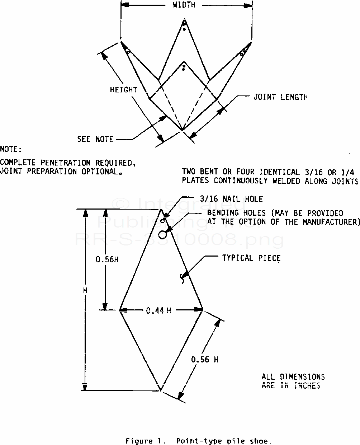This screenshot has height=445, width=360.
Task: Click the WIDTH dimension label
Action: [x=184, y=5]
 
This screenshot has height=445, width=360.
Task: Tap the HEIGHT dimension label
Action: [x=123, y=90]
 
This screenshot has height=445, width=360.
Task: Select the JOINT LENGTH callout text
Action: [x=280, y=97]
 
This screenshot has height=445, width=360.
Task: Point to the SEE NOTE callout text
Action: [x=95, y=139]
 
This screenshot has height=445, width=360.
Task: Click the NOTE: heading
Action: [x=11, y=149]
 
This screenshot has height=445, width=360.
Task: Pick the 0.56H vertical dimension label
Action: [x=107, y=259]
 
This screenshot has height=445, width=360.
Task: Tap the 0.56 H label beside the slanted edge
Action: [x=204, y=359]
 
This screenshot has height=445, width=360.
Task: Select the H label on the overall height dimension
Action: [x=85, y=290]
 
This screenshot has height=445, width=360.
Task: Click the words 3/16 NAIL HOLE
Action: [x=231, y=199]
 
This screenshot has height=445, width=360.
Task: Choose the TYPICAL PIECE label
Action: [x=251, y=258]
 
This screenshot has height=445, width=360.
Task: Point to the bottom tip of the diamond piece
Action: [x=160, y=390]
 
